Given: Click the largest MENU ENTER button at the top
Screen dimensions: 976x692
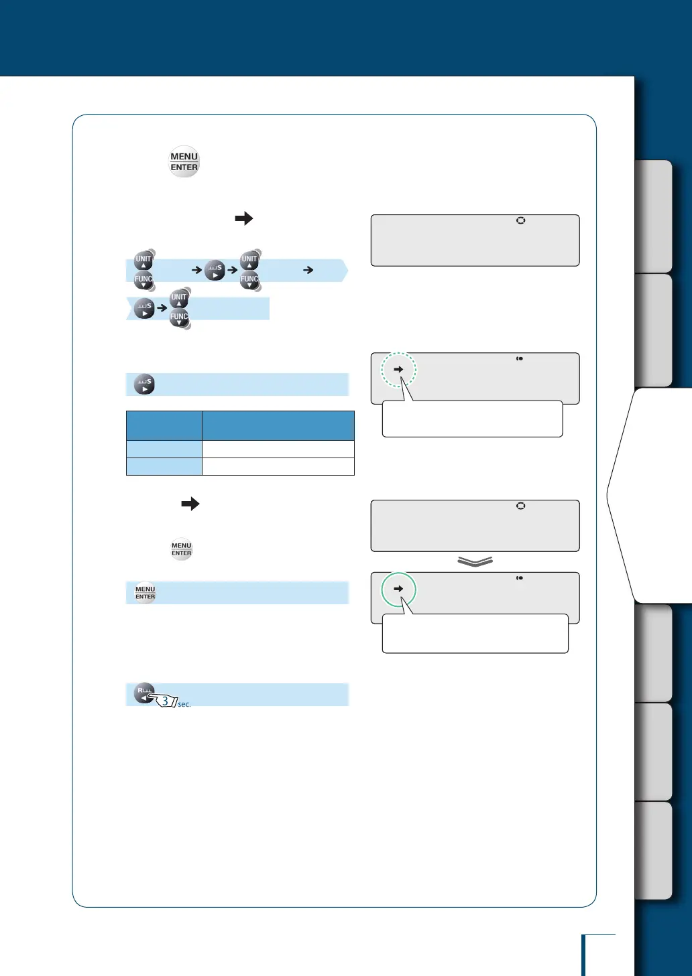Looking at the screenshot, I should click(184, 162).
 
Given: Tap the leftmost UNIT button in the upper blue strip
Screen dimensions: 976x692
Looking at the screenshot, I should click(143, 260).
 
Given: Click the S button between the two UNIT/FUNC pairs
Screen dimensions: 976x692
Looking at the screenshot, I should click(215, 270).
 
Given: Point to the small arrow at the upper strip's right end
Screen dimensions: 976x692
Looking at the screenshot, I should click(308, 270).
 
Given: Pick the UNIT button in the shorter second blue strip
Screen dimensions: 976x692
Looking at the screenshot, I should click(179, 298).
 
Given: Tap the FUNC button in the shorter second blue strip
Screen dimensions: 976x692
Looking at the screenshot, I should click(179, 318).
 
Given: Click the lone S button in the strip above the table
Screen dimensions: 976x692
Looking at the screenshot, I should click(144, 385).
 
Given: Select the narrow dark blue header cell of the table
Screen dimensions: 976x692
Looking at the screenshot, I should click(164, 425).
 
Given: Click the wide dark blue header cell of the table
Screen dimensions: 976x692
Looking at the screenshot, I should click(278, 425).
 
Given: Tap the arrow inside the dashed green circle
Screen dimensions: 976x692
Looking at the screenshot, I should click(398, 369).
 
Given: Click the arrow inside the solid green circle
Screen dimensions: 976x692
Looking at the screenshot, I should click(398, 589).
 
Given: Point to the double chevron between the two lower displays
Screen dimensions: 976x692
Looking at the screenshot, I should click(475, 562).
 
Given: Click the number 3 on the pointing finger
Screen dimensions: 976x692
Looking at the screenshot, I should click(165, 701).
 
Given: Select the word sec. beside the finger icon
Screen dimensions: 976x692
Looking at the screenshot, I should click(184, 704).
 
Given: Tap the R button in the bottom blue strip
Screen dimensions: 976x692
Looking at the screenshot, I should click(144, 692).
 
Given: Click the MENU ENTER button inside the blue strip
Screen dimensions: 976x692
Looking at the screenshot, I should click(146, 593).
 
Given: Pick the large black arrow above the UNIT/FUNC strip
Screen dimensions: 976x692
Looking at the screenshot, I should click(244, 218).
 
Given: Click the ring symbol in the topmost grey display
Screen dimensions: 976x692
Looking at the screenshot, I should click(520, 220).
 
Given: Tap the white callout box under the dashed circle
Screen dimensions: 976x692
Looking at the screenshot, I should click(472, 419).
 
